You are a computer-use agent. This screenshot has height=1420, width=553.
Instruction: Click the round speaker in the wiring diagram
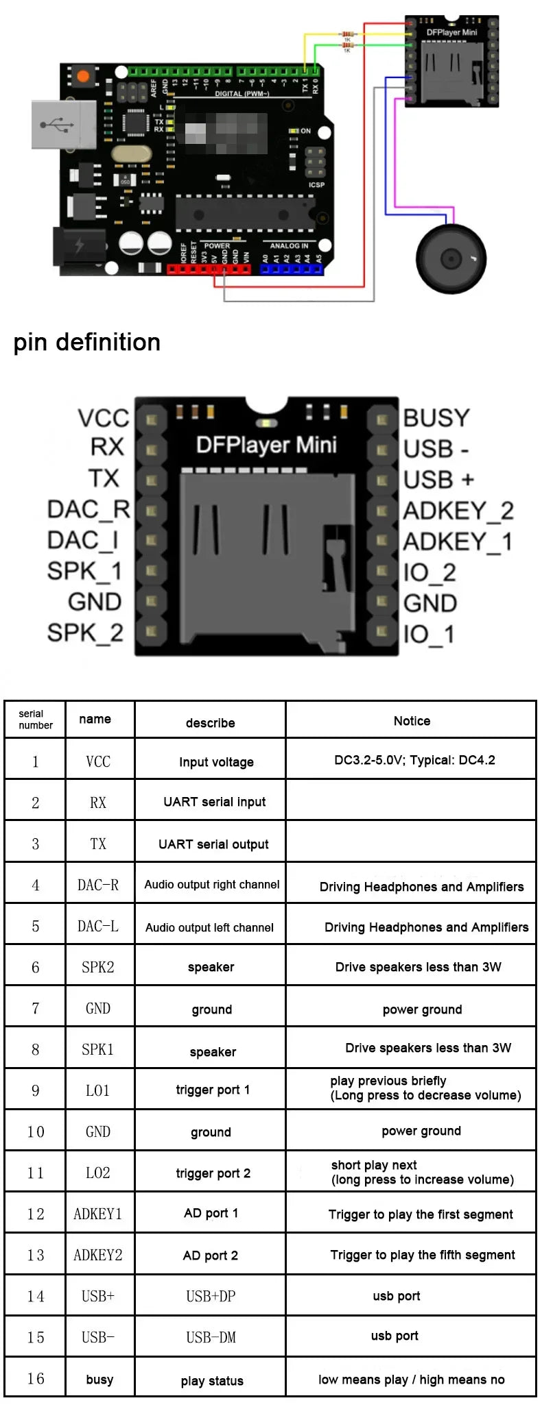pyautogui.click(x=451, y=259)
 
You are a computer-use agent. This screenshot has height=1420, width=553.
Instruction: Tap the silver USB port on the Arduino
pyautogui.click(x=63, y=124)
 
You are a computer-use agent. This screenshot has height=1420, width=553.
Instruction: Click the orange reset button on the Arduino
pyautogui.click(x=83, y=75)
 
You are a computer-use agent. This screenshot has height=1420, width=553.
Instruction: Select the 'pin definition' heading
pyautogui.click(x=87, y=342)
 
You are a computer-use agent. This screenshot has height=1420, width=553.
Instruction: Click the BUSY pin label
pyautogui.click(x=436, y=418)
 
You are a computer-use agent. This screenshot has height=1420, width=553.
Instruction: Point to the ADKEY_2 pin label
pyautogui.click(x=458, y=511)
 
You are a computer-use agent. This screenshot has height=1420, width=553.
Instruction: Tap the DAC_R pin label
pyautogui.click(x=89, y=509)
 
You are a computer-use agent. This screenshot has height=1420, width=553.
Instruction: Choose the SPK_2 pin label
pyautogui.click(x=85, y=633)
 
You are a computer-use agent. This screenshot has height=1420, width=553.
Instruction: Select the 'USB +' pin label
pyautogui.click(x=438, y=480)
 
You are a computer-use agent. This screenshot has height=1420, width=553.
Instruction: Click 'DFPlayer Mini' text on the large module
pyautogui.click(x=266, y=445)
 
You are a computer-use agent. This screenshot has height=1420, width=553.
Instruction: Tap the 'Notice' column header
pyautogui.click(x=412, y=721)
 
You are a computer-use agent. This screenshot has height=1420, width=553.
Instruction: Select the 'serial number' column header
pyautogui.click(x=35, y=720)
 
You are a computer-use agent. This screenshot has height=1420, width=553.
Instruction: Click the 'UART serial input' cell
pyautogui.click(x=214, y=802)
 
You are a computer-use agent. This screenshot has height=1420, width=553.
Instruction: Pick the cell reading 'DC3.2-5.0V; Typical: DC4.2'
pyautogui.click(x=414, y=760)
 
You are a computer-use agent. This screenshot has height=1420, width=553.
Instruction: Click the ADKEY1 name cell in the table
pyautogui.click(x=98, y=1214)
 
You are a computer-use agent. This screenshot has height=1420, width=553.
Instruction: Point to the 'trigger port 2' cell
pyautogui.click(x=213, y=1173)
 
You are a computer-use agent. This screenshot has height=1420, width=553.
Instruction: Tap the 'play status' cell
pyautogui.click(x=212, y=1381)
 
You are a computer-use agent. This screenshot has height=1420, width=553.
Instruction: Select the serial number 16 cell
pyautogui.click(x=36, y=1379)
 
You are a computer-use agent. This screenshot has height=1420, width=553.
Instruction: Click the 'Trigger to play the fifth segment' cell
pyautogui.click(x=422, y=1255)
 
